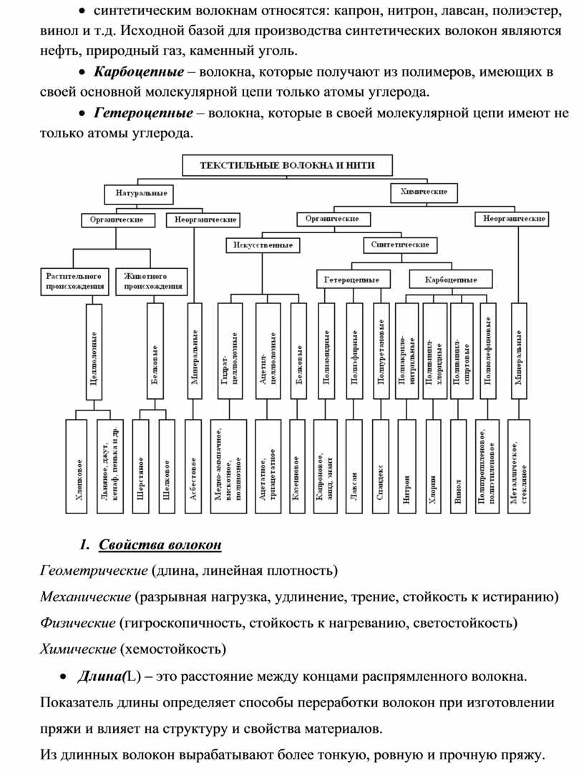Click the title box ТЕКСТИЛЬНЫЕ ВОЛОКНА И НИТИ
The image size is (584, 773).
tap(287, 166)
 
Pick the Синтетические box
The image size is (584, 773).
tap(400, 245)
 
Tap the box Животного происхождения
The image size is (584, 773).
tap(155, 281)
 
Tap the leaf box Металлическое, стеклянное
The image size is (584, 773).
tap(518, 466)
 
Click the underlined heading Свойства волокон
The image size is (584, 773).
tap(160, 546)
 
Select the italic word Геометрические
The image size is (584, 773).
tap(93, 571)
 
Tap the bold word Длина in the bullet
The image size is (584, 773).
tap(102, 676)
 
